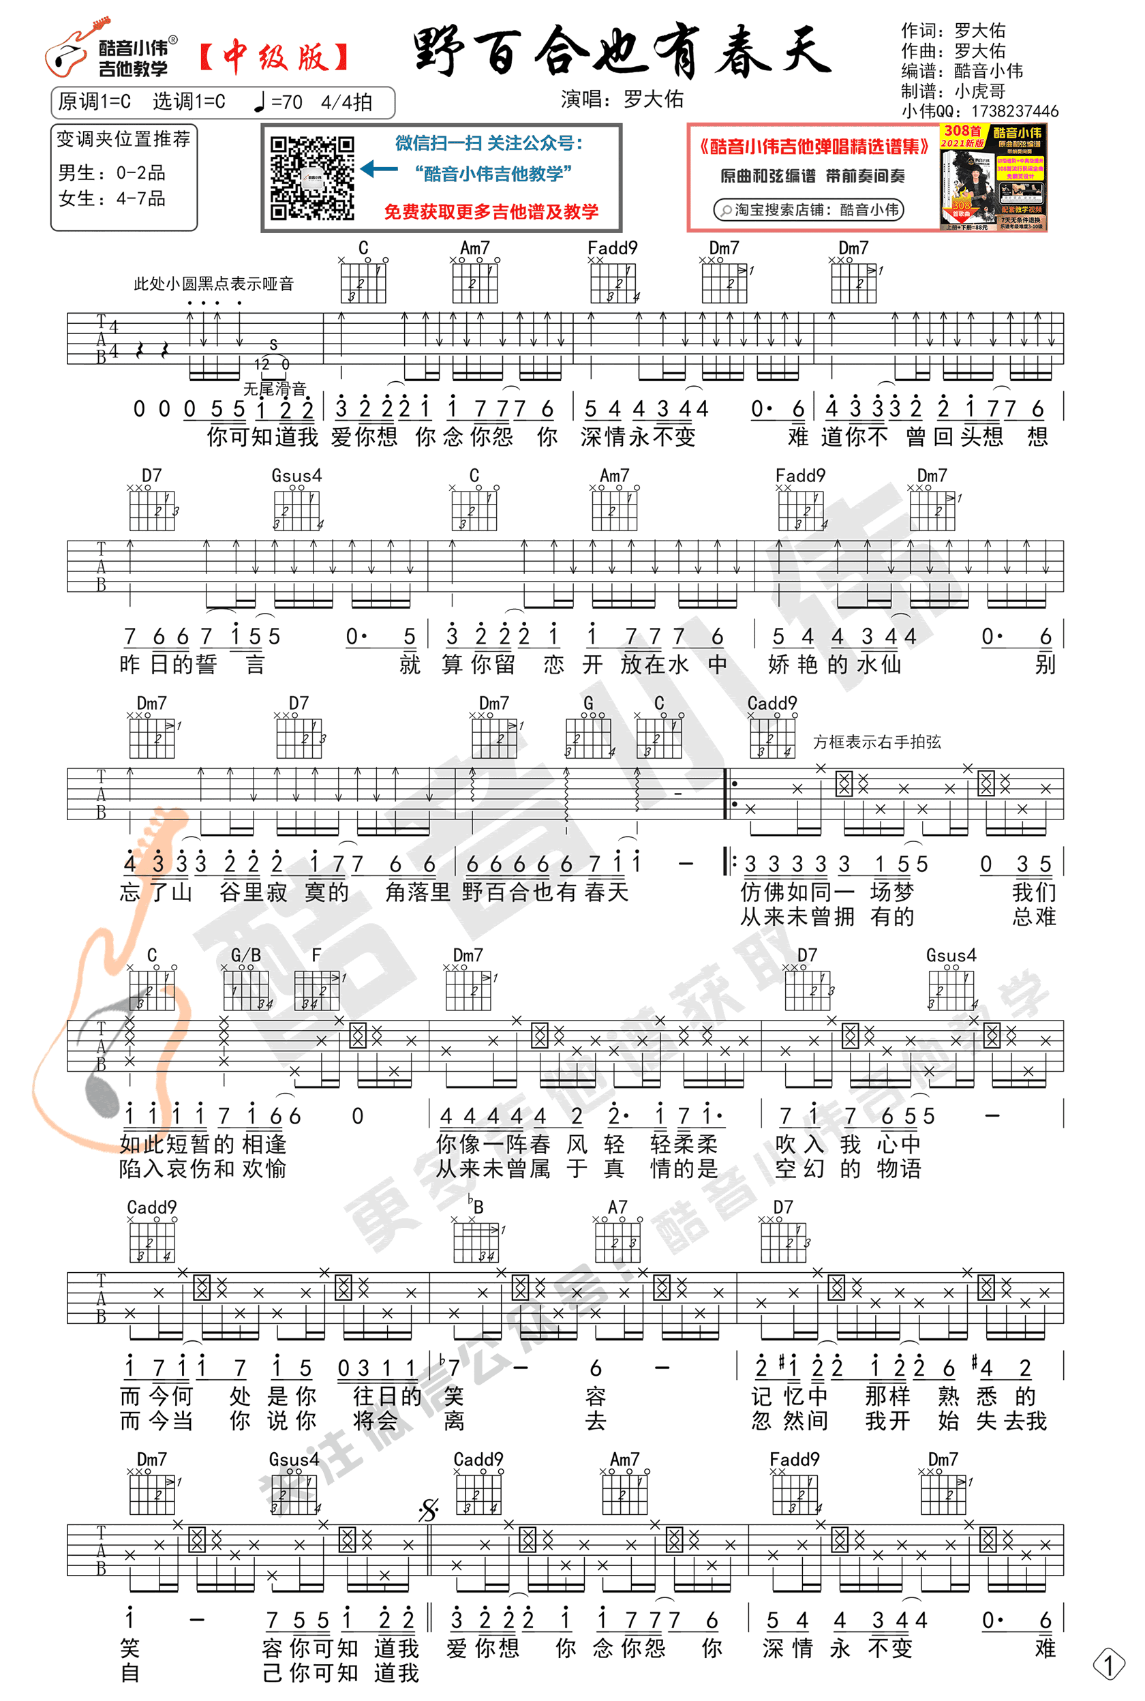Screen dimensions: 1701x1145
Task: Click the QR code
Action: tap(312, 177)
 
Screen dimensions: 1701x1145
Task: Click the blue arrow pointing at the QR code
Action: tap(379, 170)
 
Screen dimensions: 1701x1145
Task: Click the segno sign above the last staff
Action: tap(429, 1509)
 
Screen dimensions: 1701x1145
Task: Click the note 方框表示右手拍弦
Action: tap(876, 742)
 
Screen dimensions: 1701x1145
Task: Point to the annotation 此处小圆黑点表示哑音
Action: tap(213, 284)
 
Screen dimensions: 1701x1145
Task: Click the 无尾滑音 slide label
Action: tap(274, 389)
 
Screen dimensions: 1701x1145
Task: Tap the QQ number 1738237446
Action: tap(1014, 111)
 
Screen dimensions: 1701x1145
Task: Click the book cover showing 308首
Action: tap(993, 177)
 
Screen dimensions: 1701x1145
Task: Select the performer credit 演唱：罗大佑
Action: tap(622, 100)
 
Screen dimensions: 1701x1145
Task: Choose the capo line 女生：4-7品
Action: tap(112, 198)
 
